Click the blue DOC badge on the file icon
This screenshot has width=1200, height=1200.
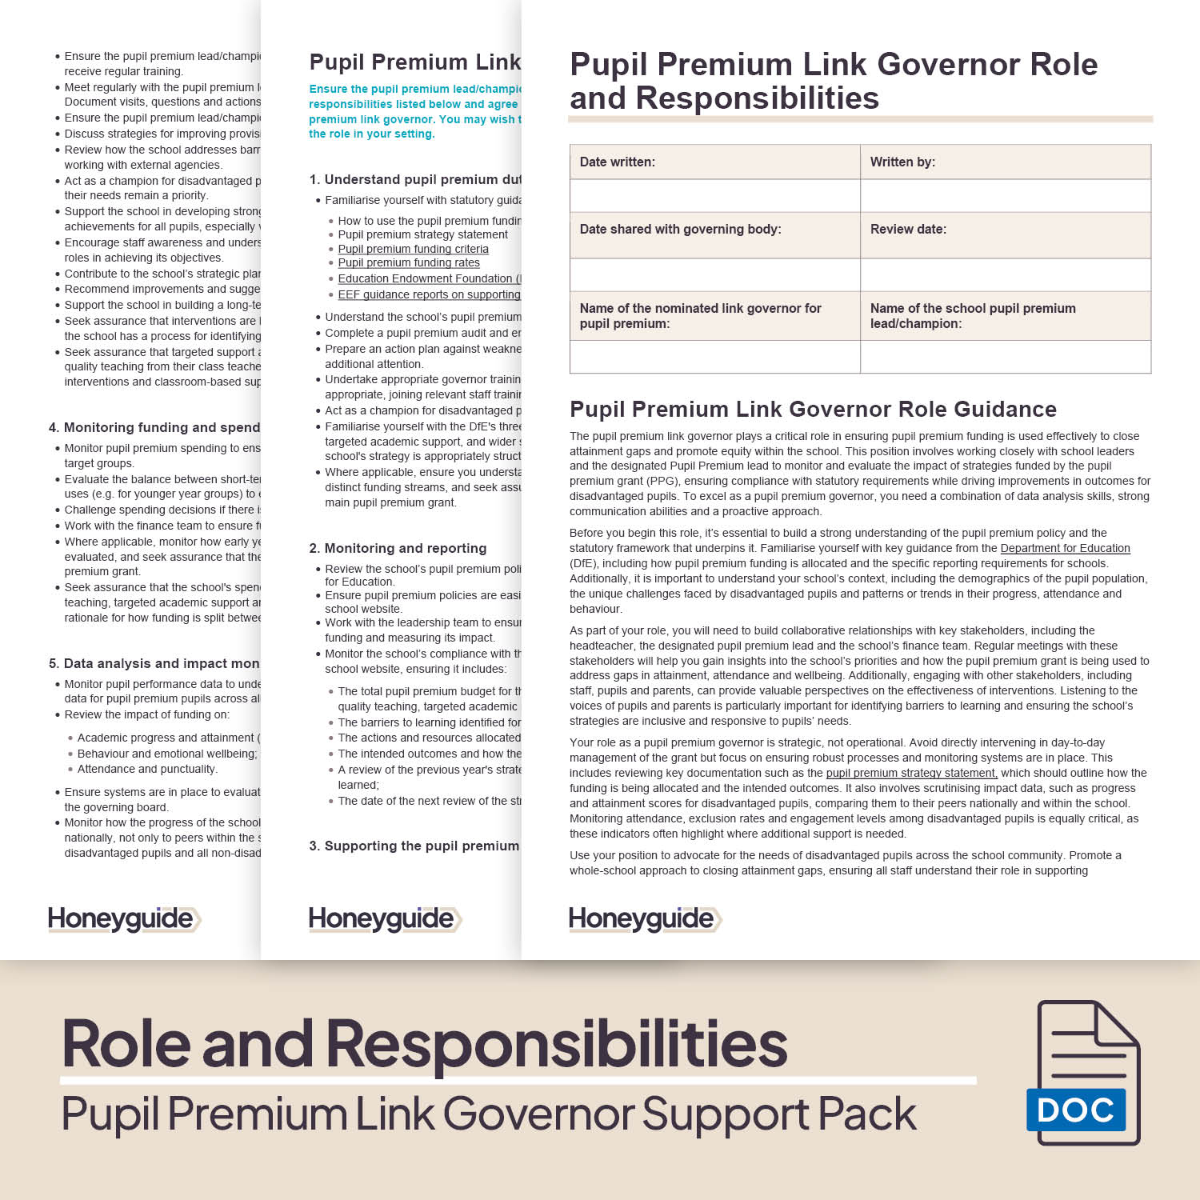point(1076,1110)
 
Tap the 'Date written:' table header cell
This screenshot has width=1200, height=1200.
point(714,162)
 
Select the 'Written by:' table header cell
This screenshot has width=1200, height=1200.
point(1005,162)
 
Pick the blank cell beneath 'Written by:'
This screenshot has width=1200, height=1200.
point(1005,195)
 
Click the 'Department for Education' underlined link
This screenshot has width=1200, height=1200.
point(1065,548)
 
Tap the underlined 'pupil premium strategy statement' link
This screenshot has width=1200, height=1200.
point(911,773)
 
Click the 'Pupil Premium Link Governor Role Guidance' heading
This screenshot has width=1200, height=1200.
point(813,410)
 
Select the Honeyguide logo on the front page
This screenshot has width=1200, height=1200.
point(645,919)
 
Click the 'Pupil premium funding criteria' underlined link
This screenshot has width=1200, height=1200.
point(413,249)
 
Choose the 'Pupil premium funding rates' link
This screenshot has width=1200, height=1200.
point(409,262)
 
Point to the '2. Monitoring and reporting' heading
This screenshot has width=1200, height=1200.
point(398,548)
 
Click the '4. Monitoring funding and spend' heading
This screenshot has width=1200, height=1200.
point(154,427)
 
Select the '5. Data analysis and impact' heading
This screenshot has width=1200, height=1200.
point(154,663)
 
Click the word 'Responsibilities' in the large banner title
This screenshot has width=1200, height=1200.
point(556,1044)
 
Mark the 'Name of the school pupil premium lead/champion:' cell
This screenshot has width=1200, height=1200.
point(1005,316)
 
